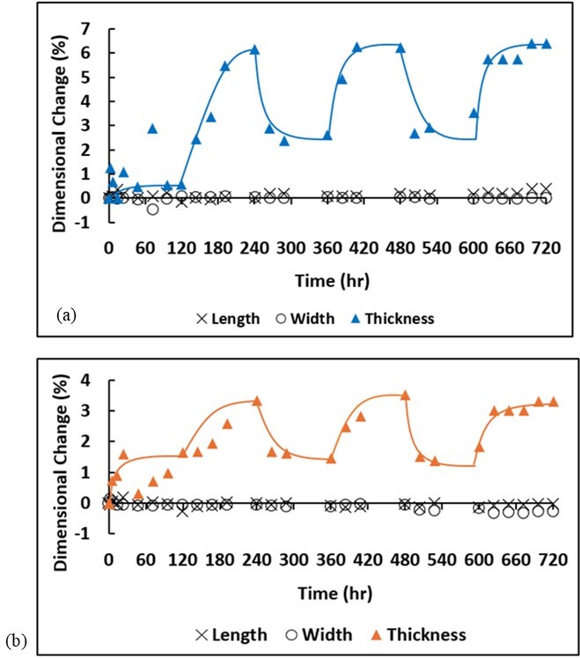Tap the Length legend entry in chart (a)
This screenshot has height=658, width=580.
pyautogui.click(x=226, y=319)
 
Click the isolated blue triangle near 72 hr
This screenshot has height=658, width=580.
pyautogui.click(x=152, y=129)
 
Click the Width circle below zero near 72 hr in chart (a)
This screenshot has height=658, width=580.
pyautogui.click(x=152, y=209)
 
